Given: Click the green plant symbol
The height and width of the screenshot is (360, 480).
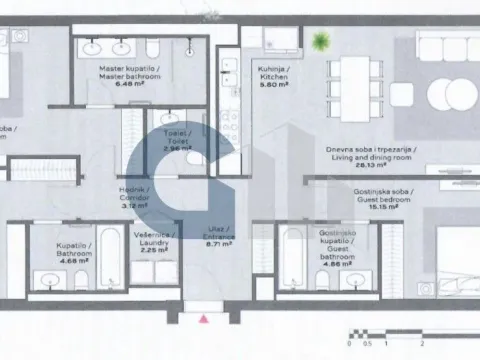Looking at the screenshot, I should [321, 42].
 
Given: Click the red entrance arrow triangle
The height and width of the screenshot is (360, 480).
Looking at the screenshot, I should [205, 319].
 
